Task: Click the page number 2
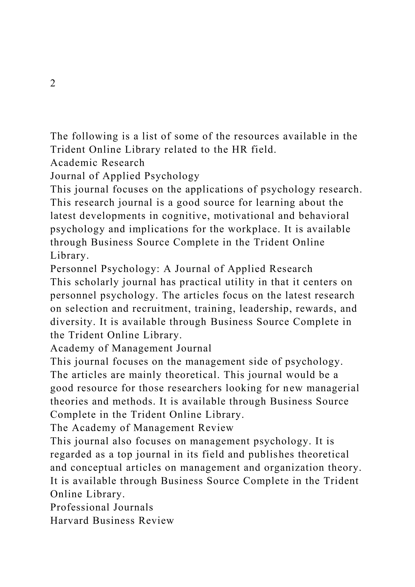(x=53, y=83)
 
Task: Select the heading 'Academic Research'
(x=97, y=163)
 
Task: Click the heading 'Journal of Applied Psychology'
(x=125, y=176)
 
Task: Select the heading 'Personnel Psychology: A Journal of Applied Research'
(x=181, y=269)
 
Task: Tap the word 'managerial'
(x=333, y=388)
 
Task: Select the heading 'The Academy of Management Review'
(x=142, y=428)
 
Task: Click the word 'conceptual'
(x=96, y=468)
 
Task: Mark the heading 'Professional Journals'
(x=102, y=507)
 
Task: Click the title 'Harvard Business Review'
(x=112, y=521)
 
